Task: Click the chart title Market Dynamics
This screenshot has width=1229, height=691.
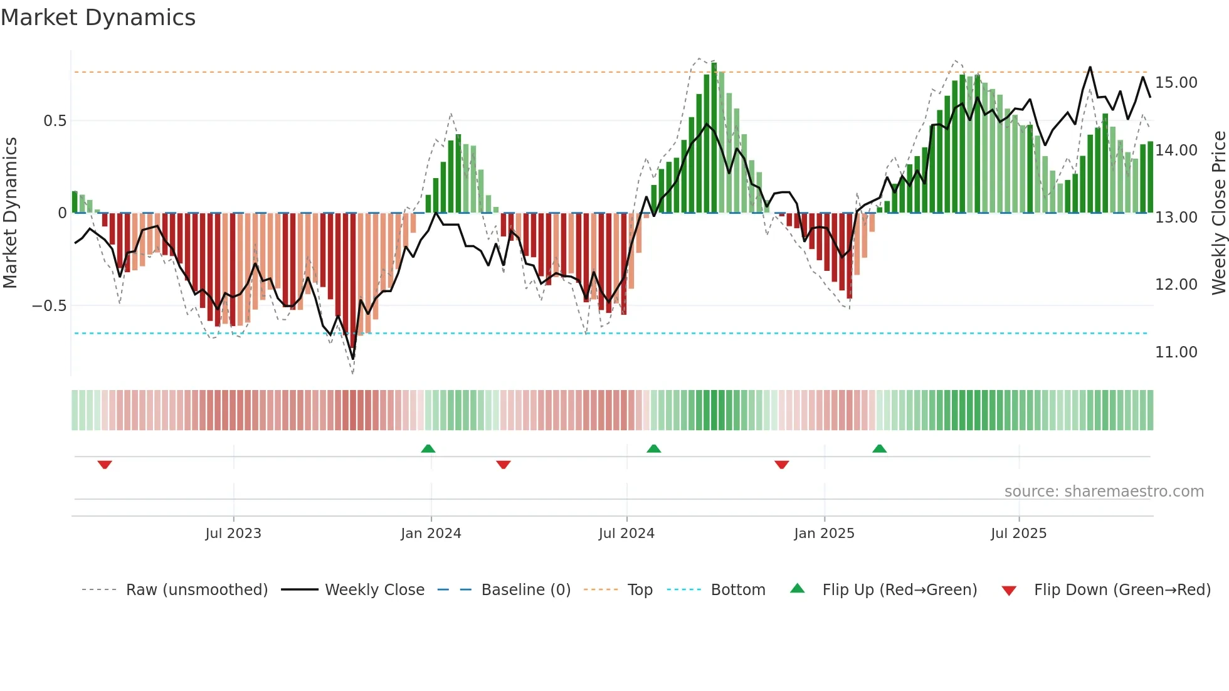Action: tap(98, 18)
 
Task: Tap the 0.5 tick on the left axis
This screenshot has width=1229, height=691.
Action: tap(55, 120)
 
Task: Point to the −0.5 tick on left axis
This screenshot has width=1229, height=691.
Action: tap(49, 306)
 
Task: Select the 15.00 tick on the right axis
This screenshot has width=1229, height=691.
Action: tap(1176, 83)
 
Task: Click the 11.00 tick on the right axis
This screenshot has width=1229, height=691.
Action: tap(1176, 352)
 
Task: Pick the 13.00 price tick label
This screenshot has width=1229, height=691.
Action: tap(1176, 218)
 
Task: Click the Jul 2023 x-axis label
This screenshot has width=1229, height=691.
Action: tap(233, 534)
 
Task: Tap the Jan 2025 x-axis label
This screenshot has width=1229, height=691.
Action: tap(824, 534)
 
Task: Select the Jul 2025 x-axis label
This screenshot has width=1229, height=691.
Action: tap(1018, 534)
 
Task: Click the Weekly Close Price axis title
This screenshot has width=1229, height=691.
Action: tap(1218, 213)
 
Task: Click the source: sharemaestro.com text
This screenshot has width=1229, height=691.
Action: tap(1104, 492)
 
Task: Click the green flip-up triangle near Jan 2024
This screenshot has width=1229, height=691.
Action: tap(428, 448)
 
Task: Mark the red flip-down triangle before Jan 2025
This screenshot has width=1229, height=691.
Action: tap(781, 465)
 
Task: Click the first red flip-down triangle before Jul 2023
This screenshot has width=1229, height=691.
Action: tap(105, 465)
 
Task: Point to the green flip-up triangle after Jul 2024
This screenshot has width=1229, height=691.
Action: tap(653, 448)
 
